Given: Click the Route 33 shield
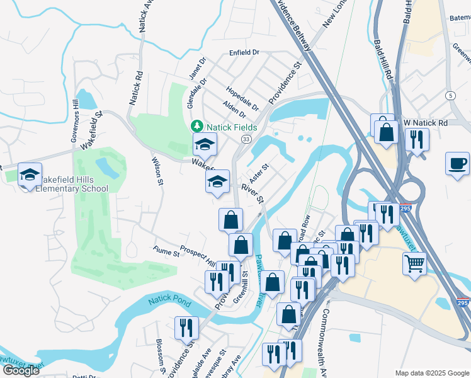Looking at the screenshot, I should (246, 139).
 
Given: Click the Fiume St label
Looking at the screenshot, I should (166, 252).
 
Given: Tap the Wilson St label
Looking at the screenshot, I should (157, 171).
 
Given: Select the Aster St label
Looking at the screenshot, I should (259, 171).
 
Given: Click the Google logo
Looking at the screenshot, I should (21, 370).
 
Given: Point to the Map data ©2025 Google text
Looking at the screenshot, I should (432, 373).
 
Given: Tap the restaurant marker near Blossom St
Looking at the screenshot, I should (187, 327).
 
